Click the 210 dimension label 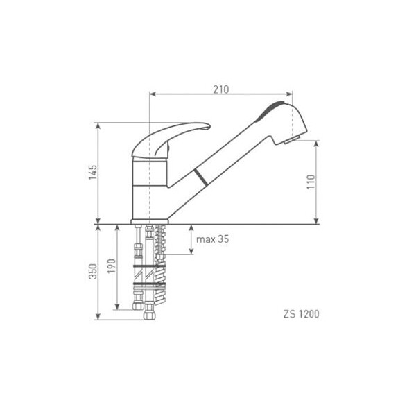[220, 89]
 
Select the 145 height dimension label [93, 172]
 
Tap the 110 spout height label [311, 182]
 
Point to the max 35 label [212, 239]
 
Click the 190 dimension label [112, 266]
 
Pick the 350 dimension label [93, 271]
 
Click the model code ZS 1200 [302, 314]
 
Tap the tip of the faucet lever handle [209, 127]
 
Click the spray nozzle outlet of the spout [292, 140]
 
